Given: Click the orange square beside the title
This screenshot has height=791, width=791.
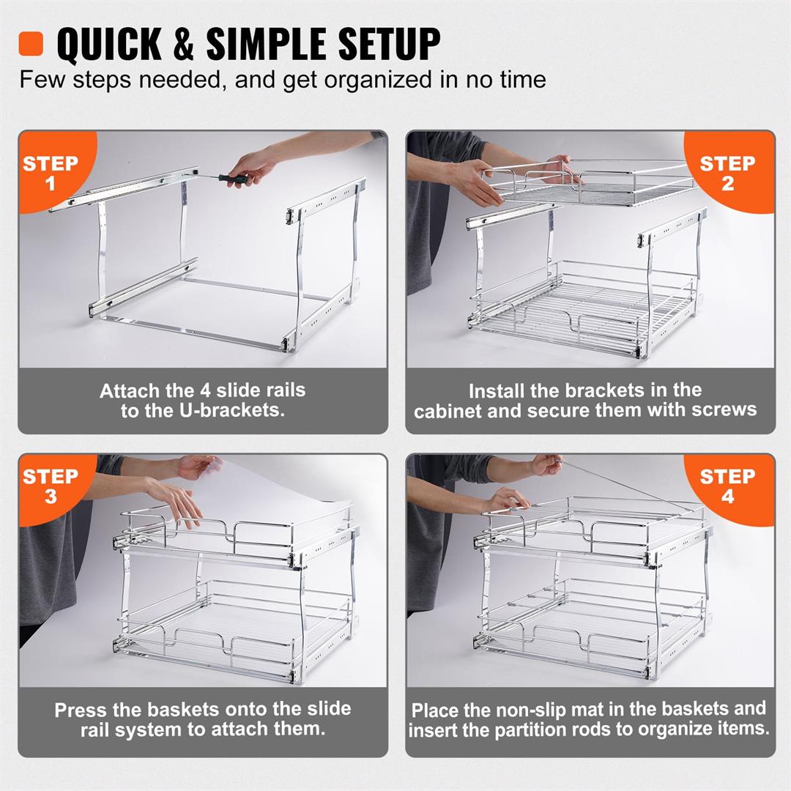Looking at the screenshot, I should [31, 43].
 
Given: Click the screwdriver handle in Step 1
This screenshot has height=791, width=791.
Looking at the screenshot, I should [237, 178].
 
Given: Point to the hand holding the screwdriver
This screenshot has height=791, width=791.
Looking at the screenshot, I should [253, 166].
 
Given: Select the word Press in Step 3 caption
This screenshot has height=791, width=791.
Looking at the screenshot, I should [81, 710].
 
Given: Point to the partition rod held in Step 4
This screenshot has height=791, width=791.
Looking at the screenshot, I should [623, 484].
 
